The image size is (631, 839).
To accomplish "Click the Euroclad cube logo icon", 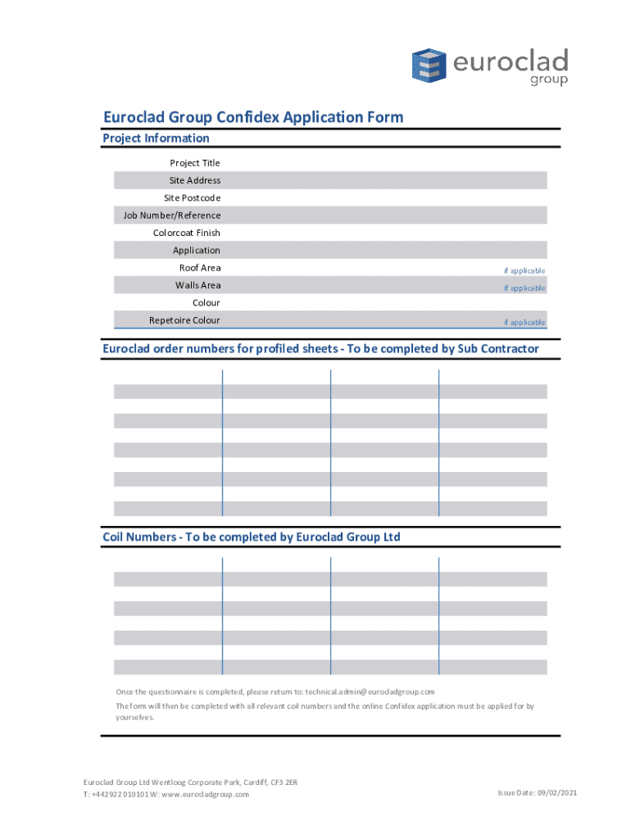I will (427, 66).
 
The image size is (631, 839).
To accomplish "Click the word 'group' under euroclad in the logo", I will (548, 80).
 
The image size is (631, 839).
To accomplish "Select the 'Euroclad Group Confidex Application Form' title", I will (252, 117).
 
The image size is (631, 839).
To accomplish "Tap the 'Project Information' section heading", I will (156, 138).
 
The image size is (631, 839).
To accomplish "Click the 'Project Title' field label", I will (195, 163).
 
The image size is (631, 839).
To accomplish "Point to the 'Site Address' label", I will (195, 180).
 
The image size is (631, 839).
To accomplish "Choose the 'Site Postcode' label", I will (192, 198).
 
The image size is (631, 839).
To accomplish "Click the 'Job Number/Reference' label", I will (172, 215).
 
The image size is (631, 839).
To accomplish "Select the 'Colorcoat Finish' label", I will (187, 234).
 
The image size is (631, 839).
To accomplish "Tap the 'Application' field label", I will (197, 251).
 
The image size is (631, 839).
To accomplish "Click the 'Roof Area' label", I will (200, 268).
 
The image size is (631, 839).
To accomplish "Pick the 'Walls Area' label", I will (197, 285).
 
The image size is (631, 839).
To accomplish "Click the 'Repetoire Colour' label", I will (184, 320).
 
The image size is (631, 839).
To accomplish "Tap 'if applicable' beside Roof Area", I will (524, 270).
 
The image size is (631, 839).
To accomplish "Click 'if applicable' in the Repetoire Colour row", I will (524, 323).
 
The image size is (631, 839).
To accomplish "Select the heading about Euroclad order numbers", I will (320, 349).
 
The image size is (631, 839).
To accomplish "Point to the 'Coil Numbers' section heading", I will (251, 537).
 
